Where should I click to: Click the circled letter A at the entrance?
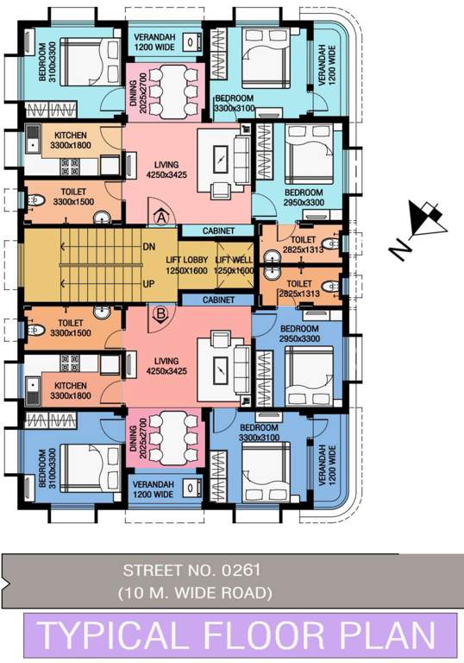160,217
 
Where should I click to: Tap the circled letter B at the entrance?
160,314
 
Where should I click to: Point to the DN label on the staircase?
148,246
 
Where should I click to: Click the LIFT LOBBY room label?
187,265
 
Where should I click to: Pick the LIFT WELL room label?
235,265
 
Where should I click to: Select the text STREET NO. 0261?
191,571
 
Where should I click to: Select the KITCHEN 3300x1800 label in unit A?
71,142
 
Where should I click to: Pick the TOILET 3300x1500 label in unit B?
71,328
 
